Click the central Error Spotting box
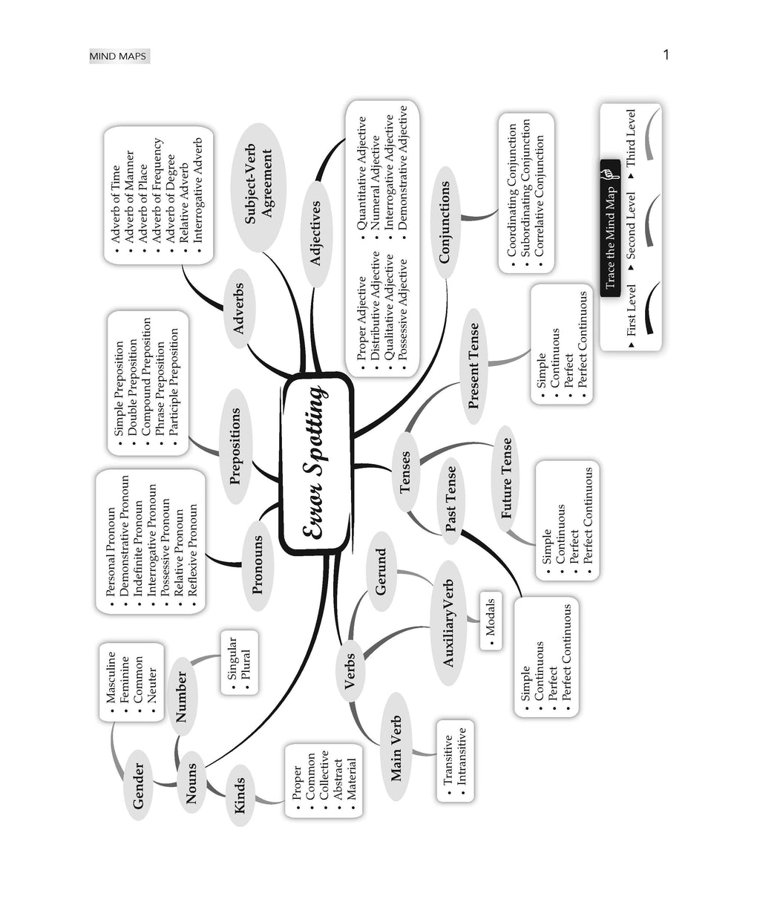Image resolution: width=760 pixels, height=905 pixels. tap(316, 463)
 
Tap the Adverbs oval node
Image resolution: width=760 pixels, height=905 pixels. tap(239, 309)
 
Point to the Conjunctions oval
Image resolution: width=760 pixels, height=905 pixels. tap(445, 222)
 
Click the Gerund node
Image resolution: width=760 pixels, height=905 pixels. tap(381, 571)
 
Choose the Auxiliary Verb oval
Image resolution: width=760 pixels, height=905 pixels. tap(448, 623)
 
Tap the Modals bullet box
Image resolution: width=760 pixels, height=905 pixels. tap(491, 620)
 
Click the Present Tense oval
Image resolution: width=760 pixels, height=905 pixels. tap(474, 366)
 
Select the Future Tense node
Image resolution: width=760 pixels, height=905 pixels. tap(505, 479)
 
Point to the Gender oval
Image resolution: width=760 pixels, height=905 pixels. tap(138, 785)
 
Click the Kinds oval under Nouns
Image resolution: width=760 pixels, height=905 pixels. tap(239, 796)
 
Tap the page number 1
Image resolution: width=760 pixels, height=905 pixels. tap(666, 55)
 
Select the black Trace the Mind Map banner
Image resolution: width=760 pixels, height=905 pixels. tap(610, 228)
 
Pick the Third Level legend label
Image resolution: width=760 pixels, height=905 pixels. tap(631, 138)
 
